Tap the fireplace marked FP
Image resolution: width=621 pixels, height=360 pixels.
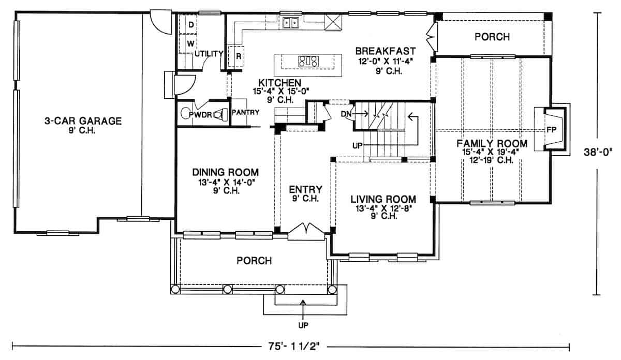(x=551, y=129)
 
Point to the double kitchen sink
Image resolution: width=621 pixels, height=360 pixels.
(x=292, y=23)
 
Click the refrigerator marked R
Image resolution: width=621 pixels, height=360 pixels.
(x=239, y=56)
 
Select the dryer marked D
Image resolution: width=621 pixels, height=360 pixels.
(x=190, y=25)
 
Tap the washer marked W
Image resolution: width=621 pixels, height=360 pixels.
(x=190, y=42)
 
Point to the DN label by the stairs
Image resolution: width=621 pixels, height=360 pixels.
(x=346, y=114)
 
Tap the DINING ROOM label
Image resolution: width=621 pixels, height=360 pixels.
(x=225, y=172)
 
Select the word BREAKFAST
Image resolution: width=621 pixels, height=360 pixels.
(x=386, y=51)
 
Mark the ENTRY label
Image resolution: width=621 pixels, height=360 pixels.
(x=305, y=189)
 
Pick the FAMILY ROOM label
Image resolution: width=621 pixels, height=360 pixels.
(x=492, y=143)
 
